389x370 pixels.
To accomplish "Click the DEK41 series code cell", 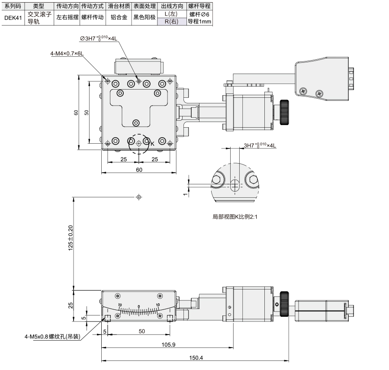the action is pos(13,18).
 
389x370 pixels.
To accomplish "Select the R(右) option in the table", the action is pos(171,22).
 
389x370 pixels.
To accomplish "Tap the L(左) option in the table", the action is pos(171,14).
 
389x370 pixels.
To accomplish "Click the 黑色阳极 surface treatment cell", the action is pos(145,17).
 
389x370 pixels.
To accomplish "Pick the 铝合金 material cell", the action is pos(119,17).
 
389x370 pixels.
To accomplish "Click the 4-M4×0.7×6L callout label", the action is pos(67,53).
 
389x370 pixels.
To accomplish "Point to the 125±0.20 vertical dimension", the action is pos(71,238).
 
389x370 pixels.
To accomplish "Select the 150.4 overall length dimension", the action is pos(196,357).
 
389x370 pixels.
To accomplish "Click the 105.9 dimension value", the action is pos(168,344).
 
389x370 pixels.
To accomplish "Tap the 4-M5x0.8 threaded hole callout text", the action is pos(53,337).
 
